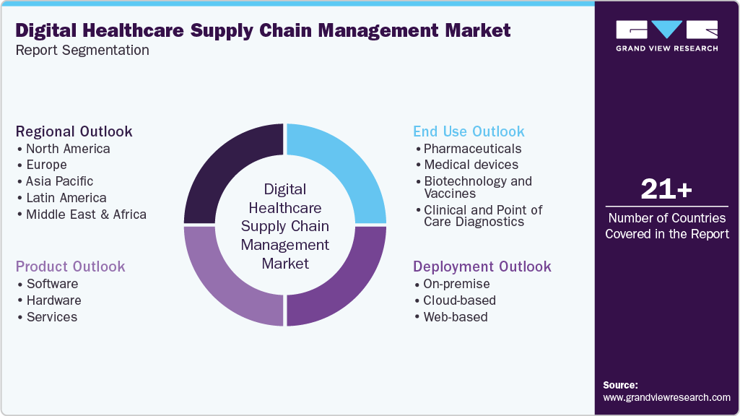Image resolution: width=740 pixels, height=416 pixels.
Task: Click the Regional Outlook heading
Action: (74, 131)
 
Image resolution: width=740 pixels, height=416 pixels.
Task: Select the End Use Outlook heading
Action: (469, 131)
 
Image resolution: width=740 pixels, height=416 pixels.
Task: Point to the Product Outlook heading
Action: (70, 266)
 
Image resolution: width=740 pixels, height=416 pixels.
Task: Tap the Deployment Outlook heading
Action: (482, 266)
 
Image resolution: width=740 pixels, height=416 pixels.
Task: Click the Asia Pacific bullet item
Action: (58, 181)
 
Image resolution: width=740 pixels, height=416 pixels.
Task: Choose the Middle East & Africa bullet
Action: (85, 214)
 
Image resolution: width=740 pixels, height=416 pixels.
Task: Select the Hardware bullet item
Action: (53, 300)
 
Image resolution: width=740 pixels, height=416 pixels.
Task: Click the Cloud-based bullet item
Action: (459, 300)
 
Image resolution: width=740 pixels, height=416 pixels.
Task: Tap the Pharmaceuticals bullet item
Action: (472, 149)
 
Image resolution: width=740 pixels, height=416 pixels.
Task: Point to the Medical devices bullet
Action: (470, 165)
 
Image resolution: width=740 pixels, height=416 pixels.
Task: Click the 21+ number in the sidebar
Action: (666, 189)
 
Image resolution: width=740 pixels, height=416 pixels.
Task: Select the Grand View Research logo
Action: (666, 35)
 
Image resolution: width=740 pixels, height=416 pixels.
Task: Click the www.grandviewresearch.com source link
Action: (666, 397)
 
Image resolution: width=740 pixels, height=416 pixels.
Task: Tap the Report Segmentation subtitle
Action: (82, 51)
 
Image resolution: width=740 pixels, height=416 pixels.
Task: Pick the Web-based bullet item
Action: (455, 317)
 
